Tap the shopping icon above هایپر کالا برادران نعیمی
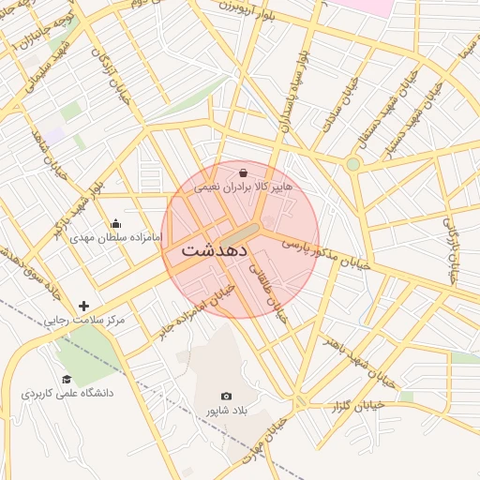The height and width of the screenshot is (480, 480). [x=244, y=172]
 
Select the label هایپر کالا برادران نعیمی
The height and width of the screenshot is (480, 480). [x=244, y=187]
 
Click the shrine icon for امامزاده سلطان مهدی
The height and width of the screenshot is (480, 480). [x=115, y=223]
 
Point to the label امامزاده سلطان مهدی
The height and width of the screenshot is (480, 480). [x=115, y=238]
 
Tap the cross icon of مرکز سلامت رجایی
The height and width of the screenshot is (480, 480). [x=84, y=306]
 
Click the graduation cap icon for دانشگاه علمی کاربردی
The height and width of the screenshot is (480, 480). [x=67, y=379]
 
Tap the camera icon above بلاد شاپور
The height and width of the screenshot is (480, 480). [x=226, y=397]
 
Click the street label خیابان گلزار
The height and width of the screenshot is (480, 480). [x=360, y=404]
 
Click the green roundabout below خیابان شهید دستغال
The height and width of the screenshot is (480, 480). [x=353, y=164]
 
